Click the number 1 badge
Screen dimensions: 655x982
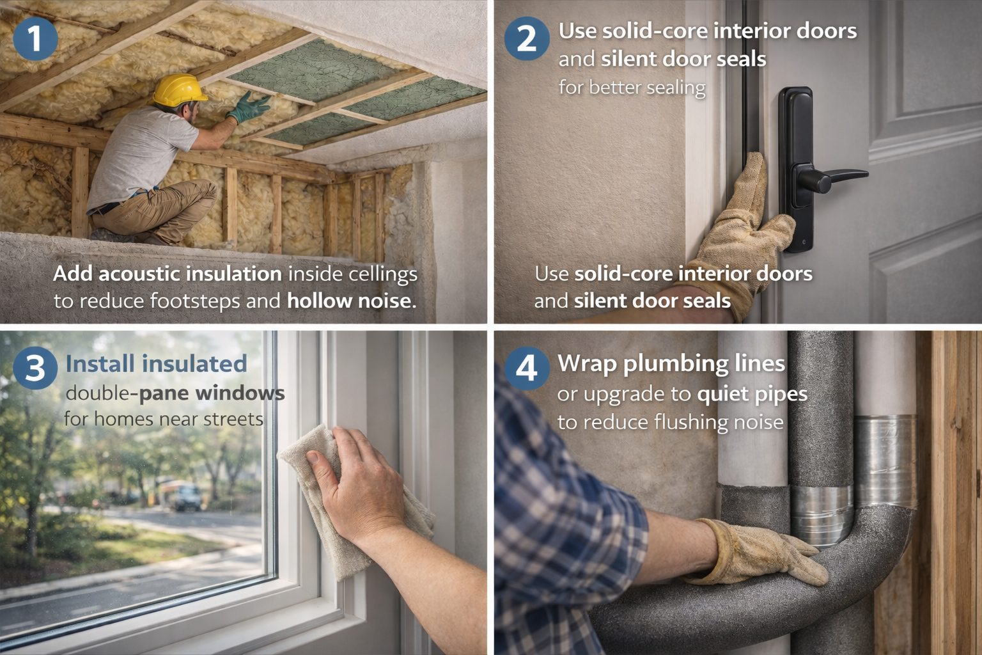click(35, 38)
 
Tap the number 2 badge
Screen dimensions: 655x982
click(526, 38)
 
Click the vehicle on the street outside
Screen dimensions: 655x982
click(187, 497)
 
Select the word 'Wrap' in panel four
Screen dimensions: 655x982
click(587, 363)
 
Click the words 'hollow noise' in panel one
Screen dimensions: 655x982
click(351, 301)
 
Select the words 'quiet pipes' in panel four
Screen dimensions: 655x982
click(752, 394)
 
